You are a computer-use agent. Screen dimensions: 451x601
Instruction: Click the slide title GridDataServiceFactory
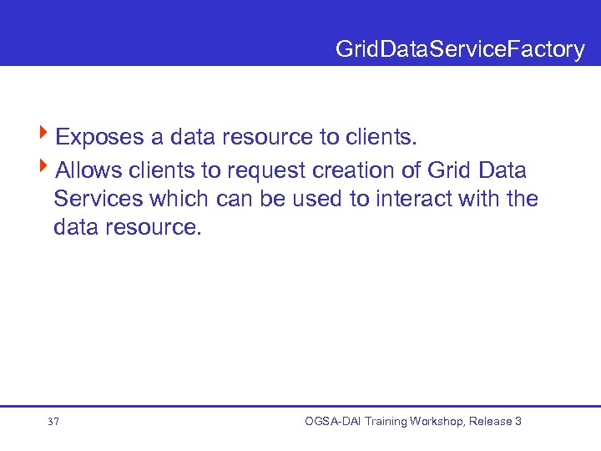(x=460, y=50)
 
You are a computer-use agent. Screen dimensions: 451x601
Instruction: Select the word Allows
(x=88, y=171)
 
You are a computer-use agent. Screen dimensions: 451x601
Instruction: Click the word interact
(x=412, y=200)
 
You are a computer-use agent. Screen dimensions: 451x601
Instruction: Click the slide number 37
(x=53, y=422)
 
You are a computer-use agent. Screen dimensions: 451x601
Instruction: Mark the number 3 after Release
(x=518, y=421)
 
